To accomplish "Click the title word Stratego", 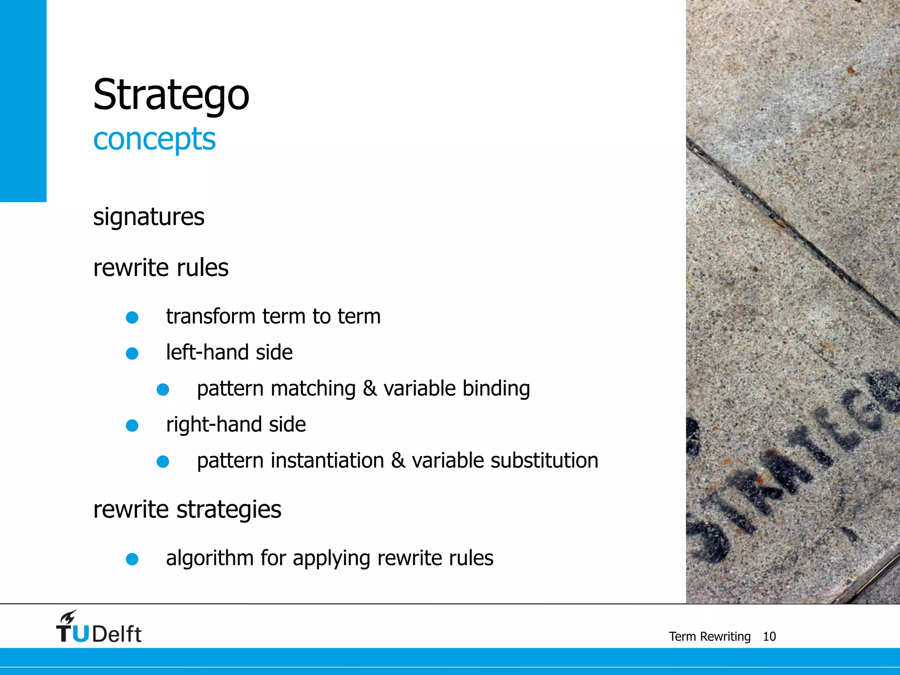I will [171, 95].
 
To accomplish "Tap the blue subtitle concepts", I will [154, 139].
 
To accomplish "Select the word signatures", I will [149, 217].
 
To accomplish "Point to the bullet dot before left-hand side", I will [132, 353].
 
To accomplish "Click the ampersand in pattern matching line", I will [370, 388].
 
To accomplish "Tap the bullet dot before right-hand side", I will [132, 425].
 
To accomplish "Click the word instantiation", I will [327, 461].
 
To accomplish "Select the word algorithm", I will [210, 559].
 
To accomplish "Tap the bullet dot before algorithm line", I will [132, 559].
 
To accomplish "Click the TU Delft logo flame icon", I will [69, 617].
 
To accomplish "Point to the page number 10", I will [769, 637].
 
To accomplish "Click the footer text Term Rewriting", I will [709, 637].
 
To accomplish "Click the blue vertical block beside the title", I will [23, 101].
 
